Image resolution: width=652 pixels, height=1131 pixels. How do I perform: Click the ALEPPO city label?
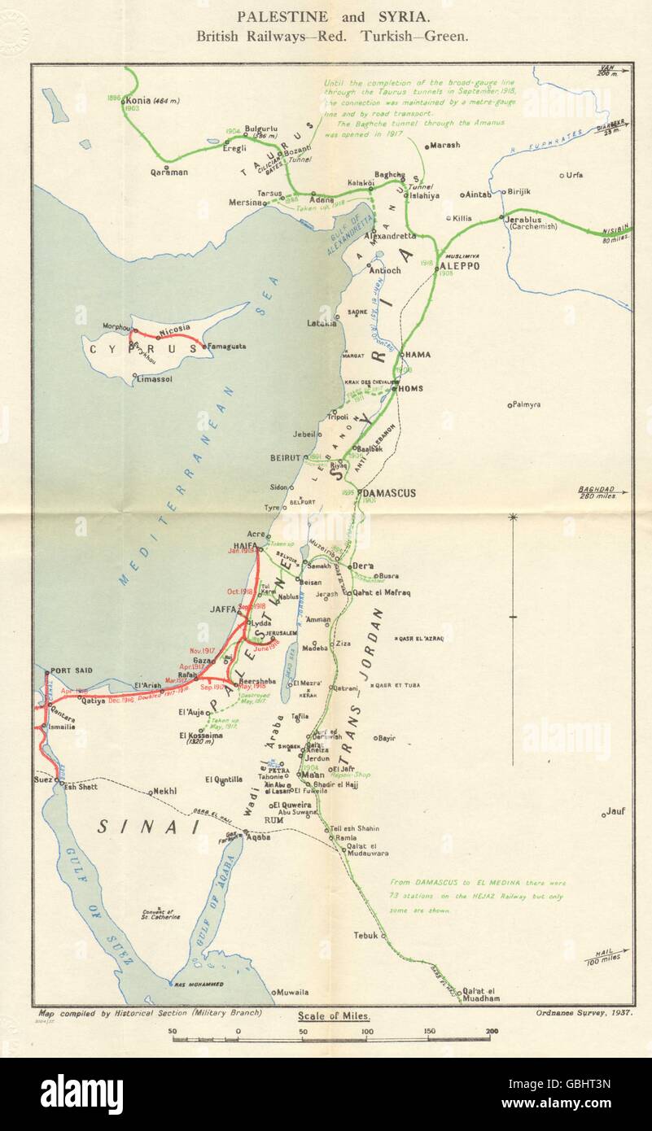coord(460,266)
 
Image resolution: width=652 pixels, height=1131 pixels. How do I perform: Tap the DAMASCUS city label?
coord(390,493)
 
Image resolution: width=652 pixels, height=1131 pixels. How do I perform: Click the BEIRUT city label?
coord(287,458)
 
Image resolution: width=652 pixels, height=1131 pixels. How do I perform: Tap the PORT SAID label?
coord(71,670)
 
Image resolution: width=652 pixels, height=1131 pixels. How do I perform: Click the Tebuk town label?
coord(365,936)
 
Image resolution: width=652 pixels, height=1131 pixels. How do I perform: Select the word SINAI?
coord(148,827)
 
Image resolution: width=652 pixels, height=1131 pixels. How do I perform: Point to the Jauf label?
coord(616,812)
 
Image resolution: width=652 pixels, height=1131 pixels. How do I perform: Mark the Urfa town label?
coord(575,175)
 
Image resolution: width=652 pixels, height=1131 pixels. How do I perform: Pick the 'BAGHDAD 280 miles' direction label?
coord(600,493)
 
